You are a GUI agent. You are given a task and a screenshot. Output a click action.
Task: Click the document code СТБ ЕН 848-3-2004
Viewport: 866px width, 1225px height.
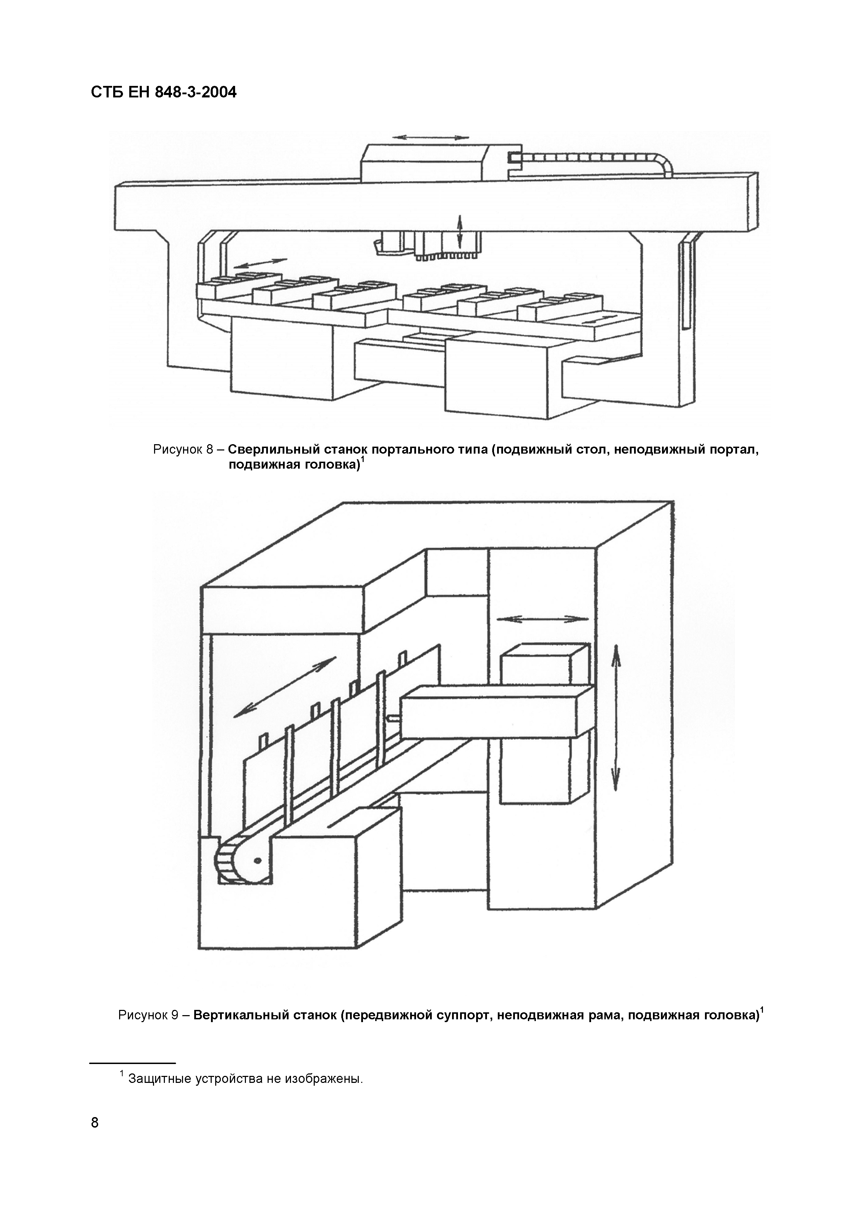tap(163, 93)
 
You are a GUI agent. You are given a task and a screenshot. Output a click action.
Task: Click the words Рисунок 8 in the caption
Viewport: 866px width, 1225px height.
tap(183, 450)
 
